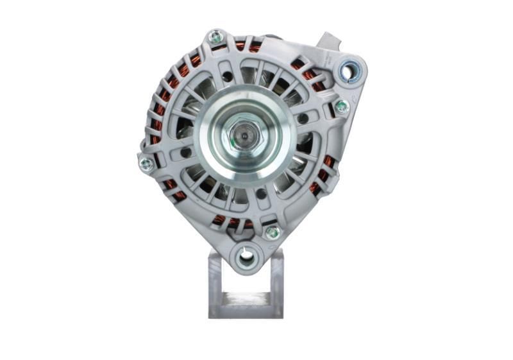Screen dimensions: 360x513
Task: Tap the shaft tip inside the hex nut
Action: click(x=246, y=136)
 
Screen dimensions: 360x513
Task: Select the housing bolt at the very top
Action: click(x=217, y=37)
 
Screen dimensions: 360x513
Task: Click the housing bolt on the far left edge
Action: click(x=146, y=164)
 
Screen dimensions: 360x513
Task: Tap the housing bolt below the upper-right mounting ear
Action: click(x=342, y=107)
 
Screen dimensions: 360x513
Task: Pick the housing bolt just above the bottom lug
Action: click(x=272, y=232)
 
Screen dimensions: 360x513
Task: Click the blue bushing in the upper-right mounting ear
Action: click(x=349, y=70)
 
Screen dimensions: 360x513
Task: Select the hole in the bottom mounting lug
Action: click(x=246, y=257)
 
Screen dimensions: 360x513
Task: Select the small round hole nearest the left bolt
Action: click(x=185, y=153)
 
